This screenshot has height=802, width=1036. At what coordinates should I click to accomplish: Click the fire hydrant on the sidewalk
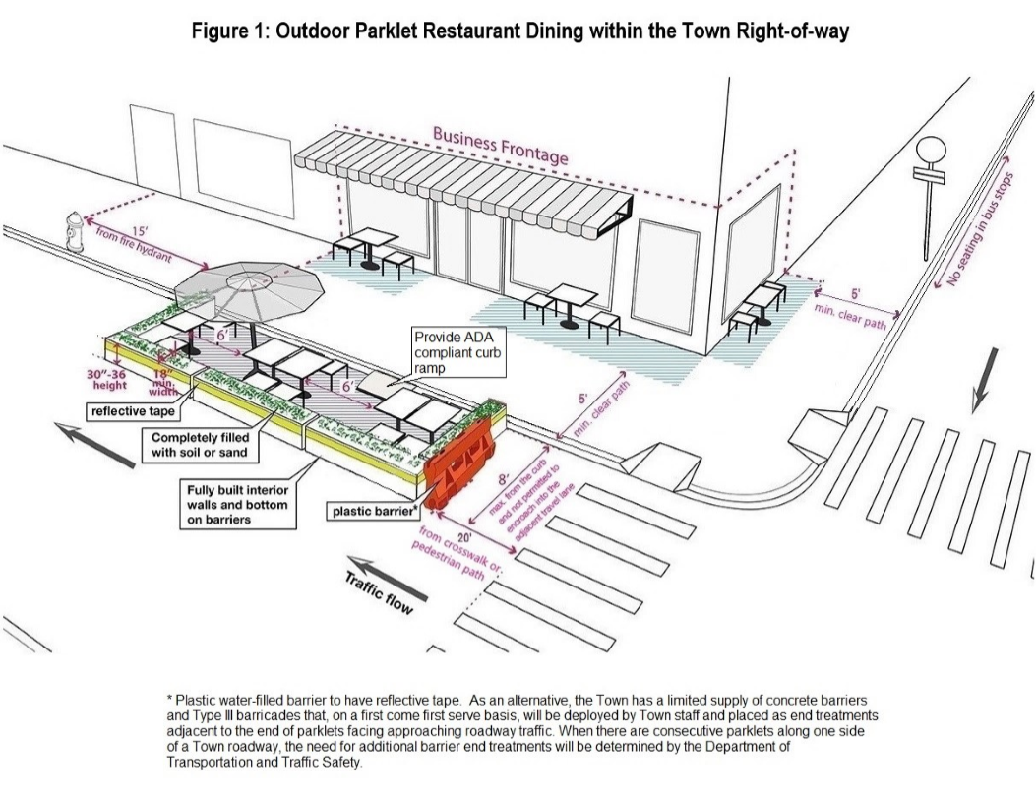pos(75,231)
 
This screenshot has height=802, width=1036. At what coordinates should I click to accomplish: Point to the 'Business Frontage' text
pos(501,145)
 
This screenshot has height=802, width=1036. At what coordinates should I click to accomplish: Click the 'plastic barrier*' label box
pos(375,510)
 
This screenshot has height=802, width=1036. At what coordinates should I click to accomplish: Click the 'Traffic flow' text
pos(378,589)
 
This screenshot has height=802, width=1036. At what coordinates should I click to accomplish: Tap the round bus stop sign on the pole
pos(930,152)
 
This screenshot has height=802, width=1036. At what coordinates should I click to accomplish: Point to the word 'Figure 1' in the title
pos(231,31)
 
